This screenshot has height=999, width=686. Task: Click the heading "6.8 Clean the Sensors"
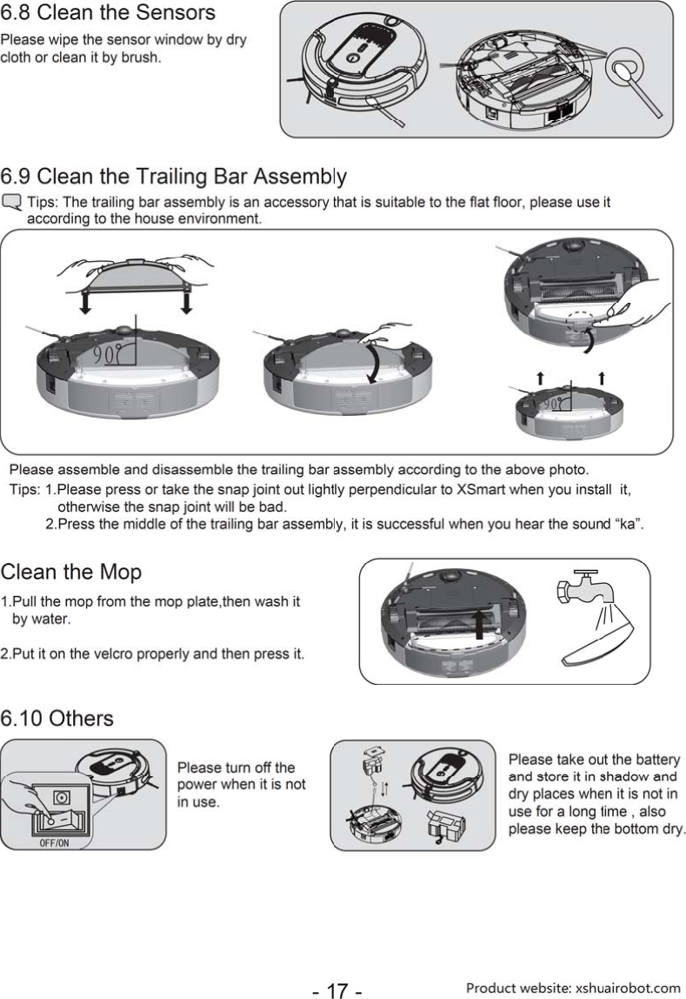(108, 14)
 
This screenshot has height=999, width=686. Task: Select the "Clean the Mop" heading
(70, 573)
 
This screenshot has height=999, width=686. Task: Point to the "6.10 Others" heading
(57, 719)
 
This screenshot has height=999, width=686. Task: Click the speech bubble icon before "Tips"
(13, 204)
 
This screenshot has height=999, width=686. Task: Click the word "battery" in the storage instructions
(656, 761)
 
